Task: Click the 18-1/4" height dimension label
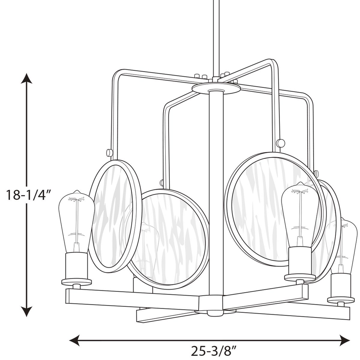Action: (28, 195)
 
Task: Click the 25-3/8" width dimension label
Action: (213, 351)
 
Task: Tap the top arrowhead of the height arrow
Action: (27, 78)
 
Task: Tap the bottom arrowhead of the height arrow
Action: (27, 311)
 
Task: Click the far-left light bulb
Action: (77, 221)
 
